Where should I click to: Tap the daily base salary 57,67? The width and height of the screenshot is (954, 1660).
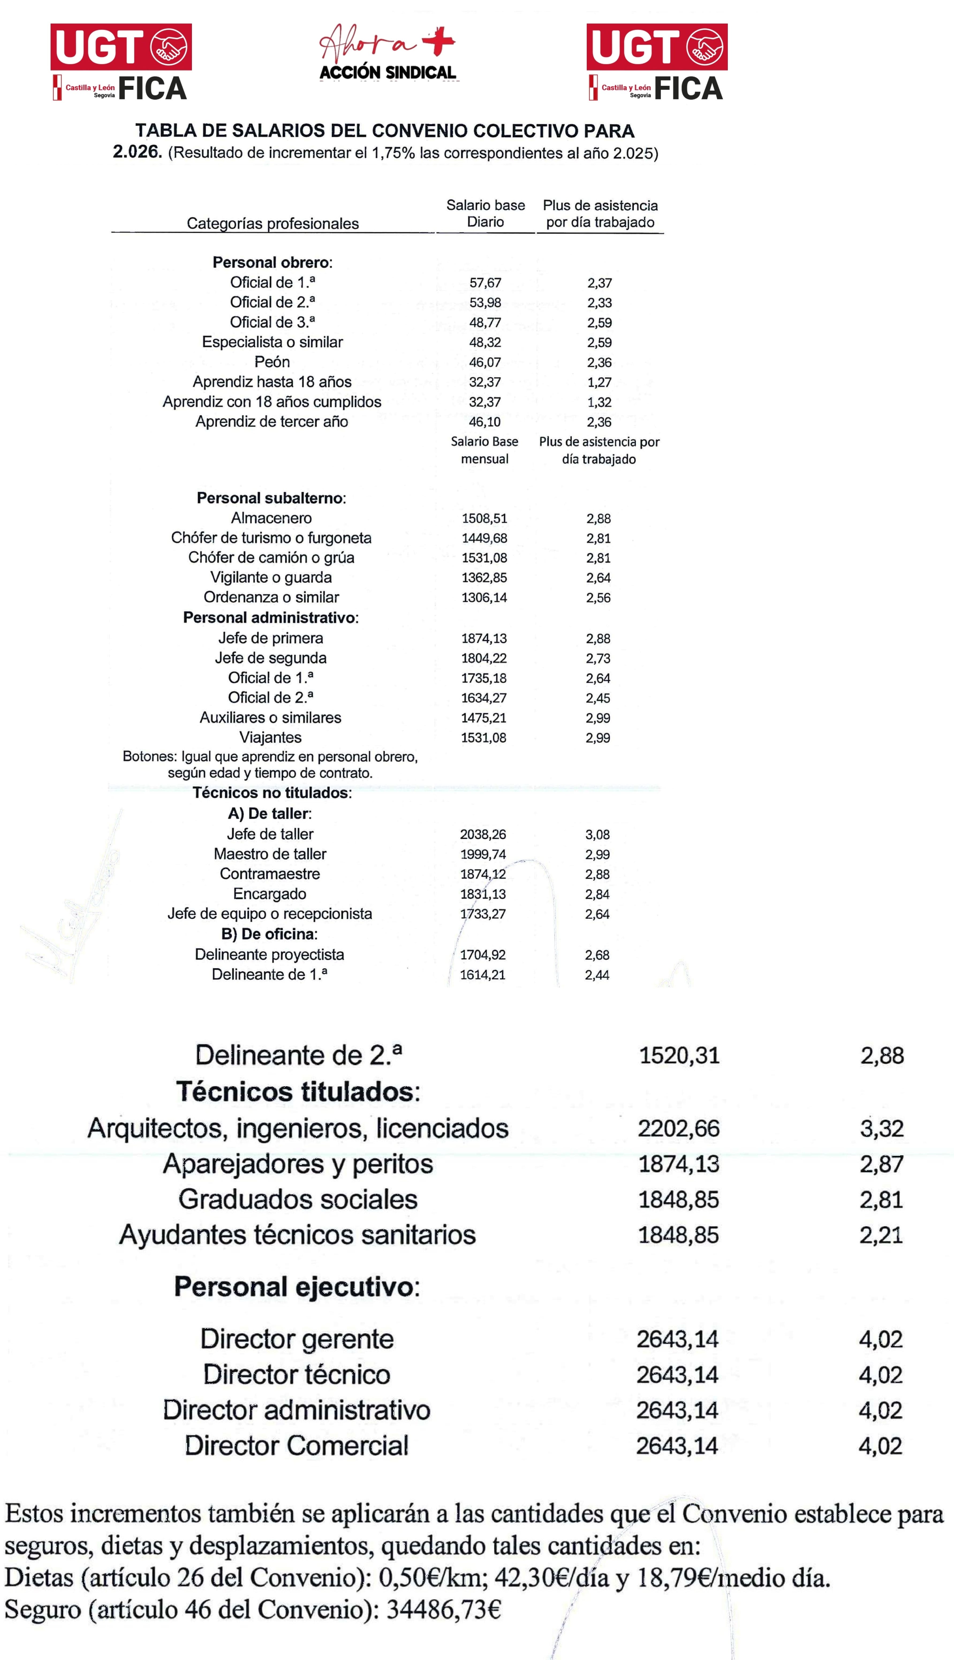coord(485,283)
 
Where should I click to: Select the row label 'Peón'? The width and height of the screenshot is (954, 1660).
coord(272,362)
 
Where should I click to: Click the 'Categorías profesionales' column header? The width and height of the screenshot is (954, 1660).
coord(272,223)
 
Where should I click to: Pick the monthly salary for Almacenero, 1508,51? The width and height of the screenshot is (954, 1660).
coord(484,518)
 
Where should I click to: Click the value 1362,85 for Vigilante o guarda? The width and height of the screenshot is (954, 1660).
coord(484,578)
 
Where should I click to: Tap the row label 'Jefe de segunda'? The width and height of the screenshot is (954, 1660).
coord(271,658)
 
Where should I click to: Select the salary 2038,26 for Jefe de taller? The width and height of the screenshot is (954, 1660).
coord(483,835)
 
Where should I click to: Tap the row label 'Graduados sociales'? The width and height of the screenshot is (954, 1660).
coord(298,1199)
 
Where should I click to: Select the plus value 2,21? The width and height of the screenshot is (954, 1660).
coord(881,1236)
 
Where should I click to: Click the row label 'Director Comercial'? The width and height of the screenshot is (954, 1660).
coord(297,1446)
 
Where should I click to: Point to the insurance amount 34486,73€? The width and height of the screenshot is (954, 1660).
coord(444,1610)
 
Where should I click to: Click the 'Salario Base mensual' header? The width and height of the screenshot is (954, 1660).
coord(484,450)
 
